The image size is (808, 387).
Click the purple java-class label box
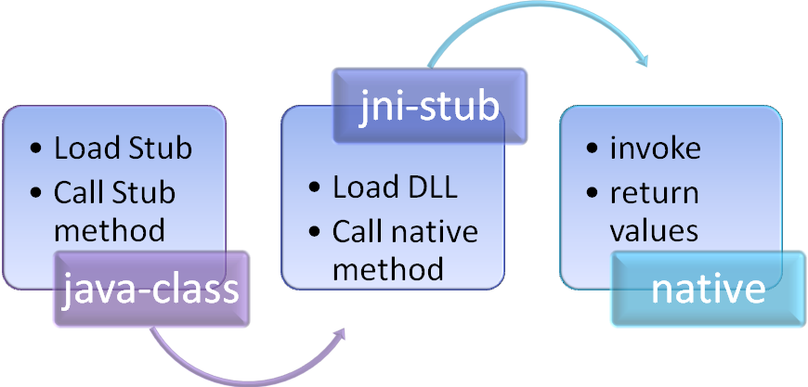tap(151, 289)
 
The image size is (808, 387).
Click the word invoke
tap(656, 148)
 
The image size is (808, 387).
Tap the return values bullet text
tap(654, 212)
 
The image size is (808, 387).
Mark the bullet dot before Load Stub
tap(36, 149)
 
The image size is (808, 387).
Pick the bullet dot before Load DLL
tap(315, 188)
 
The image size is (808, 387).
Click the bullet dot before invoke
tap(592, 149)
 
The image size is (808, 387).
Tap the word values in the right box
tap(654, 230)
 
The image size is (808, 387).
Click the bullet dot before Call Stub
tap(36, 194)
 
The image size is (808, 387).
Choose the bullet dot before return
tap(592, 194)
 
